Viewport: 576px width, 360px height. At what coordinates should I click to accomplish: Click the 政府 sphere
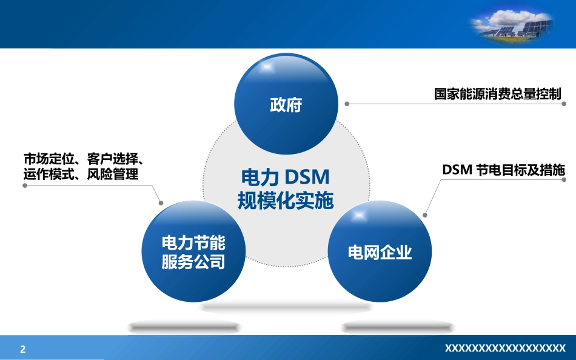(286, 104)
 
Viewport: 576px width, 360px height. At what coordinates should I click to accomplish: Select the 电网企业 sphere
(380, 252)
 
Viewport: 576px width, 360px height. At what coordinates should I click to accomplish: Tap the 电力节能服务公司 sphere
(193, 252)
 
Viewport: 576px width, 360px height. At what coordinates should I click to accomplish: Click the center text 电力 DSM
(286, 177)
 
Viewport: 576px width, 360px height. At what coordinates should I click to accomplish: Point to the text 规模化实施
(286, 201)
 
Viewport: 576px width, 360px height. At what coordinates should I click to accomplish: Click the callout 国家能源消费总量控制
(498, 94)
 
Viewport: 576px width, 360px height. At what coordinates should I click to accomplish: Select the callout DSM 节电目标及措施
(503, 170)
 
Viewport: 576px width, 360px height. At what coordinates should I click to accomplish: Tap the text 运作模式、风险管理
(81, 174)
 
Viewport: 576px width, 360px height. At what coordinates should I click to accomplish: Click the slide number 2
(23, 349)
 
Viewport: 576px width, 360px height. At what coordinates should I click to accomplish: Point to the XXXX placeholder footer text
(505, 348)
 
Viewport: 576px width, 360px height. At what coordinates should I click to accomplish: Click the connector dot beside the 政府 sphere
(347, 104)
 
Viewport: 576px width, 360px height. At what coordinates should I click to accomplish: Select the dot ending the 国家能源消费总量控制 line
(564, 104)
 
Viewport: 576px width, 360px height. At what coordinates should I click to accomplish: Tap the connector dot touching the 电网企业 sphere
(425, 215)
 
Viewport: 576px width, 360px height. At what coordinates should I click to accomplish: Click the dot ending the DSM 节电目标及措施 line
(564, 180)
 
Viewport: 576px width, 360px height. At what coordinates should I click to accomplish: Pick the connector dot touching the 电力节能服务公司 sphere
(161, 203)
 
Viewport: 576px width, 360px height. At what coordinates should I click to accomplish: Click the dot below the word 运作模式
(25, 185)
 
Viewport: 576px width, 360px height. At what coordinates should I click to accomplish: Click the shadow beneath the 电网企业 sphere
(398, 327)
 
